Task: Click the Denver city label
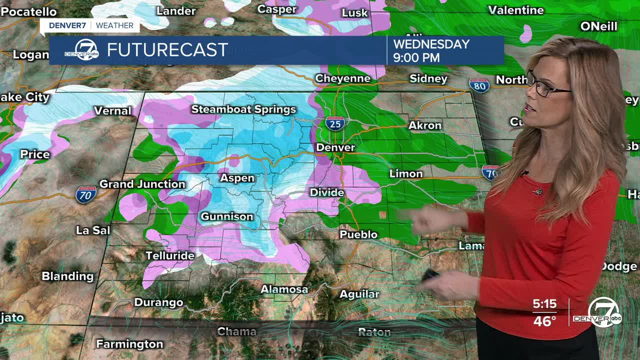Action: click(x=335, y=147)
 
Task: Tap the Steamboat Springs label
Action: click(x=243, y=109)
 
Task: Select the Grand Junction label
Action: click(x=142, y=184)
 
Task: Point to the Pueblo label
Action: click(x=358, y=234)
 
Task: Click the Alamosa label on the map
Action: click(x=284, y=289)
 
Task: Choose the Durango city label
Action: click(x=158, y=302)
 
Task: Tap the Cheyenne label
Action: click(x=342, y=78)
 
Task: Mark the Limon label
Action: click(x=406, y=173)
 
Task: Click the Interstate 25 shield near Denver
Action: click(x=335, y=123)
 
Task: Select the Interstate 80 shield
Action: click(x=479, y=85)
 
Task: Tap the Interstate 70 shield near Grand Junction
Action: click(x=86, y=195)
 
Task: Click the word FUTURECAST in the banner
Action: click(x=167, y=50)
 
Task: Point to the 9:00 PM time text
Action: click(x=416, y=57)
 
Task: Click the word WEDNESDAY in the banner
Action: click(x=431, y=44)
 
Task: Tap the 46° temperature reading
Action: click(x=544, y=321)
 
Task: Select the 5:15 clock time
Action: click(x=544, y=304)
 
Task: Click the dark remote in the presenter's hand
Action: click(x=430, y=275)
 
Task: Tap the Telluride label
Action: click(x=170, y=255)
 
